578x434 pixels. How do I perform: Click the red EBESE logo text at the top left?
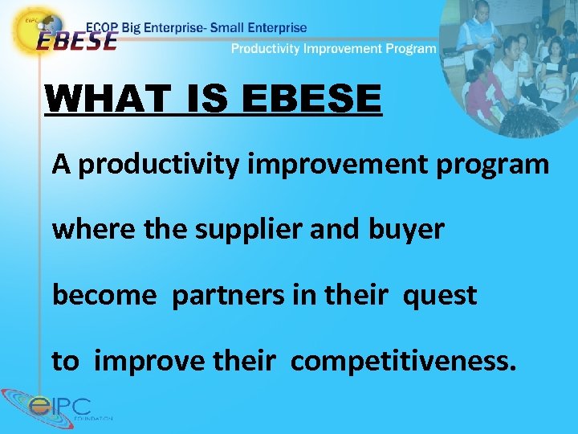click(76, 40)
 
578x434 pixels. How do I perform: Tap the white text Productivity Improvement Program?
click(333, 48)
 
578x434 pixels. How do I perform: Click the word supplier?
click(232, 230)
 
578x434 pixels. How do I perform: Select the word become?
click(104, 295)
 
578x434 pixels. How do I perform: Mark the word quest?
click(440, 295)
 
